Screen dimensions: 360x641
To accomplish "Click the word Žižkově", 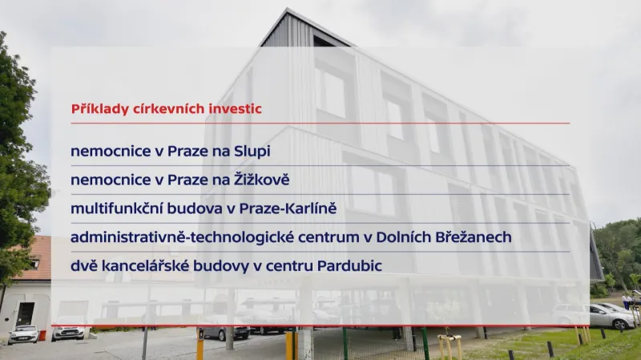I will click(x=260, y=180).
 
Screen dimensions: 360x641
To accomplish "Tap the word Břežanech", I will click(x=470, y=237).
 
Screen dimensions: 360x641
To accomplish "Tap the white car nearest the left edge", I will click(x=23, y=334).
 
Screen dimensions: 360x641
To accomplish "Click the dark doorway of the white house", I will click(x=25, y=313).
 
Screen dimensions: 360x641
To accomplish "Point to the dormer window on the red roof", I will click(x=33, y=263).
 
